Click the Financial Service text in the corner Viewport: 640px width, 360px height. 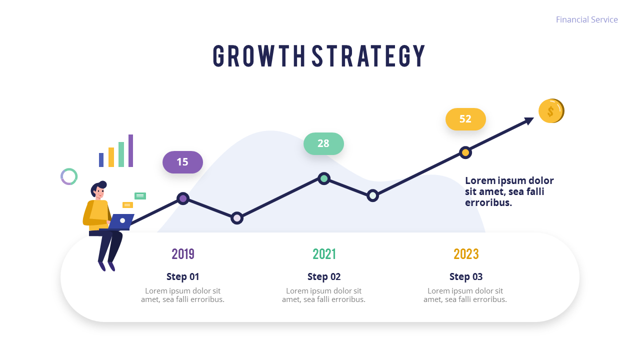coord(586,19)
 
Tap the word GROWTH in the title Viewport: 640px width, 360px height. coord(259,56)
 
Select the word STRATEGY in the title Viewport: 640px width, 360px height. coord(368,56)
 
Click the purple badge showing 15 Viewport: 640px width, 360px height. coord(183,162)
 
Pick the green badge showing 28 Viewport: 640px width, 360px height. coord(323,143)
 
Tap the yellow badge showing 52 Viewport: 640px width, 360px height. coord(465,119)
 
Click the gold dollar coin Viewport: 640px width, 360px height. coord(551,111)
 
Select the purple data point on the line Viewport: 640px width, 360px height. coord(183,198)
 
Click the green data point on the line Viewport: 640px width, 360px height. coord(324,179)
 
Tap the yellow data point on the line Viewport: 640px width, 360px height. coord(465,152)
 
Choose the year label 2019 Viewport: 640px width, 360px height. coord(183,254)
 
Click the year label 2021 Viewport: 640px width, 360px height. coord(324,254)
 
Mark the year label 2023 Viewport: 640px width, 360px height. coord(466,254)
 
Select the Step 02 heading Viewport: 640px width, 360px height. coord(324,276)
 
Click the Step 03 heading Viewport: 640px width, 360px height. coord(466,276)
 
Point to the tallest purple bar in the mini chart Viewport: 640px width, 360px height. coord(130,150)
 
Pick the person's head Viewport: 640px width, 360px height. coord(98,189)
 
